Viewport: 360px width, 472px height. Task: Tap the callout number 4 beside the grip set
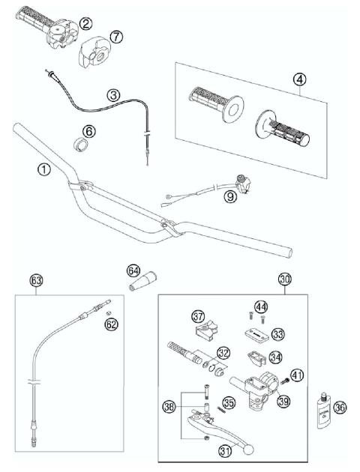click(299, 78)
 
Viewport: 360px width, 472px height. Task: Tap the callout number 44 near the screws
click(260, 307)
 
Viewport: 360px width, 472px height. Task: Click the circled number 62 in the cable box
click(111, 324)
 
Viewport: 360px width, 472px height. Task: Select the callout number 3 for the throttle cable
click(113, 95)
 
